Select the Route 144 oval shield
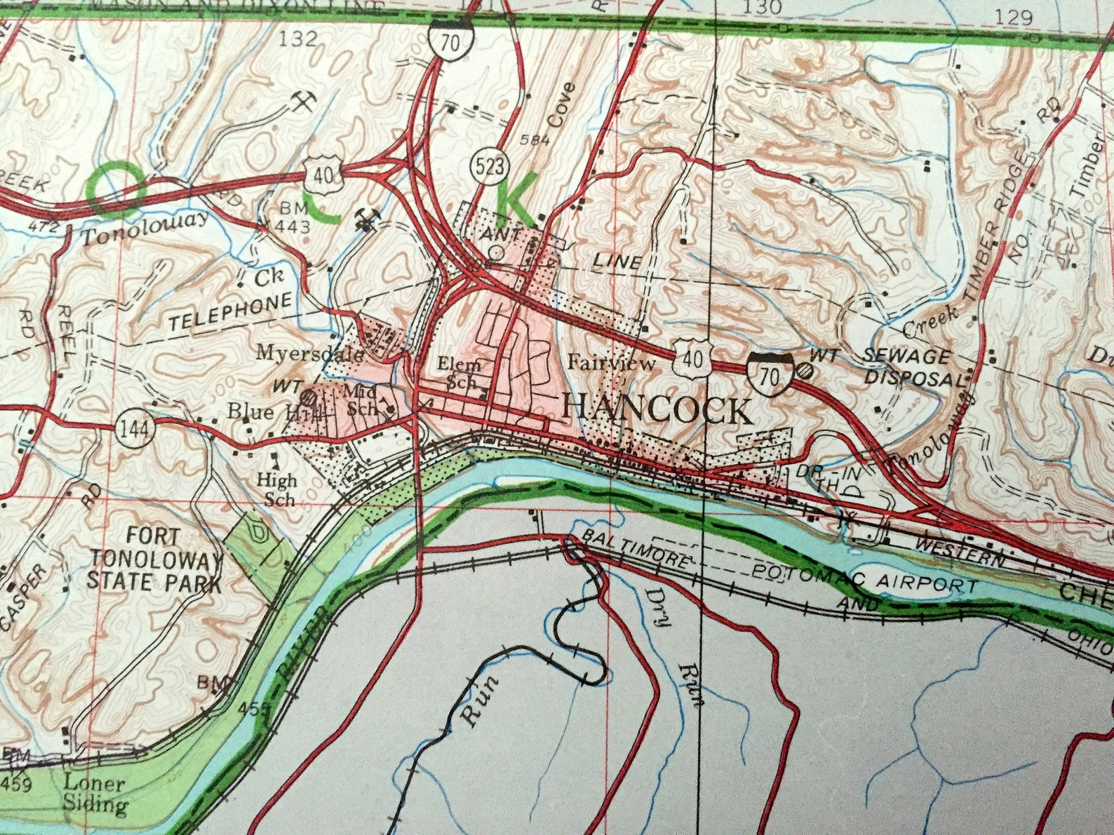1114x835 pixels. (x=134, y=429)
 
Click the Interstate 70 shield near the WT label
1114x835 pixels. (x=770, y=375)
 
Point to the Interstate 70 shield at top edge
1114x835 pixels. (x=450, y=40)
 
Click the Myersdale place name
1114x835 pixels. (x=309, y=353)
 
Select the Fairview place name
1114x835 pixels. (x=611, y=363)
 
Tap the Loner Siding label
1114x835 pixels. (x=94, y=794)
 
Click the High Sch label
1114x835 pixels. (x=276, y=489)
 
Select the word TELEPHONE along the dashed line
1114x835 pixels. (x=230, y=313)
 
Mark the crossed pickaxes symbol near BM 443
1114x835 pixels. (x=365, y=219)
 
